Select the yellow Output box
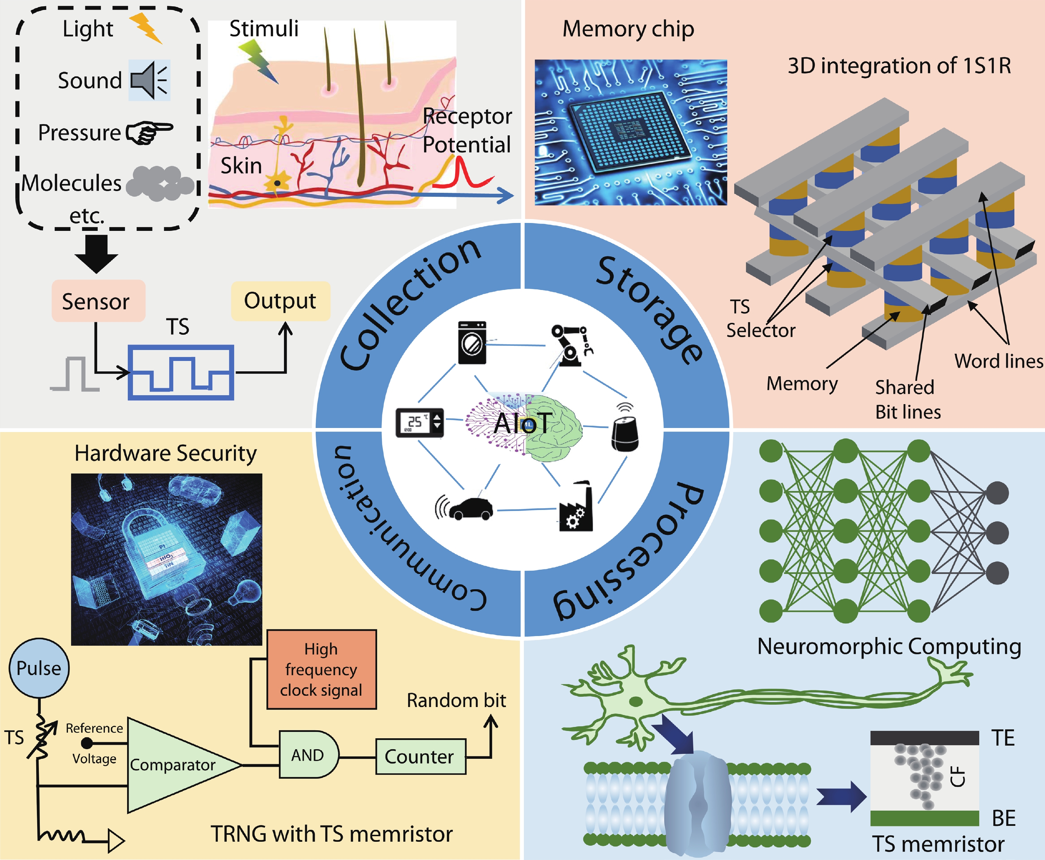tap(280, 301)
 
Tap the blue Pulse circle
tap(39, 668)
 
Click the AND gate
tap(308, 755)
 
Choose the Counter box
tap(420, 756)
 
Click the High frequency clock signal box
tap(321, 669)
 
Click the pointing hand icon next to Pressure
tap(149, 132)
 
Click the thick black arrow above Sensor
tap(96, 252)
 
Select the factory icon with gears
tap(576, 508)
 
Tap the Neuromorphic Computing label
tap(889, 646)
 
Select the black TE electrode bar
tap(924, 738)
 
